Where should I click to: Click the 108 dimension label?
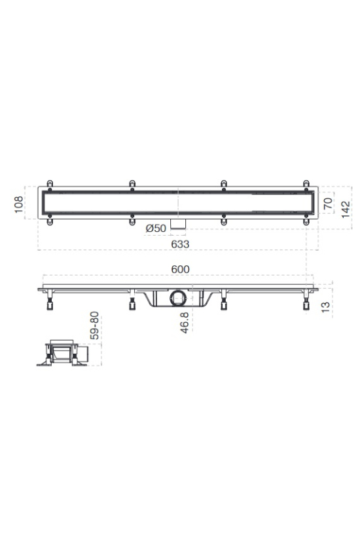coord(19,204)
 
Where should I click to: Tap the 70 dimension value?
coord(328,204)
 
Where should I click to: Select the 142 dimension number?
coord(346,210)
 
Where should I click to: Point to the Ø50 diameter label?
coord(156,228)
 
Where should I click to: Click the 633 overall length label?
coord(180,244)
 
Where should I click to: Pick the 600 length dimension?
coord(180,270)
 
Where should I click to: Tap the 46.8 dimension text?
coord(185,323)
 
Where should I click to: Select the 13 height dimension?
coord(326,306)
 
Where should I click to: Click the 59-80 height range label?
coord(94,325)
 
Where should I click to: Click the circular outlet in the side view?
coord(178,297)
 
